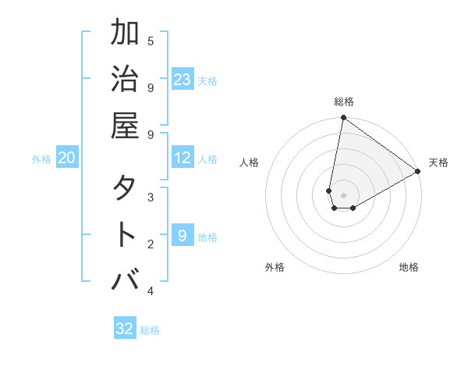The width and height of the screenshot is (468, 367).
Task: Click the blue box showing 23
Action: pos(183,80)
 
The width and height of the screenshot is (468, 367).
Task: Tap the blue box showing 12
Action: pos(183,159)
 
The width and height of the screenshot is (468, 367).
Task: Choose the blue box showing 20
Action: pos(67,159)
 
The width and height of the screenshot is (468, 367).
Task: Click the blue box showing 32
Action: pos(125,329)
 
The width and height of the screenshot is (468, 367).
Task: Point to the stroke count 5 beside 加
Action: pos(151,41)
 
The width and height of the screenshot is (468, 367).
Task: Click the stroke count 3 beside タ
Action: pos(151,197)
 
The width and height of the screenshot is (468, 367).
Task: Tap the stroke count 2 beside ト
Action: pos(151,244)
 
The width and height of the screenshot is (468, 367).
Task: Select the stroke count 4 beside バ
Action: pos(151,291)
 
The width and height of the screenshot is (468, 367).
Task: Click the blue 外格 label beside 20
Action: pos(41,159)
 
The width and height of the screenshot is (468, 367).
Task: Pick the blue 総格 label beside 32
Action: pos(150,330)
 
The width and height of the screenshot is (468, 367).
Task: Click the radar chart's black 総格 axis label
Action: pos(343,102)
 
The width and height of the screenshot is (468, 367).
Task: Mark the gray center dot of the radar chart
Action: pos(343,195)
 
